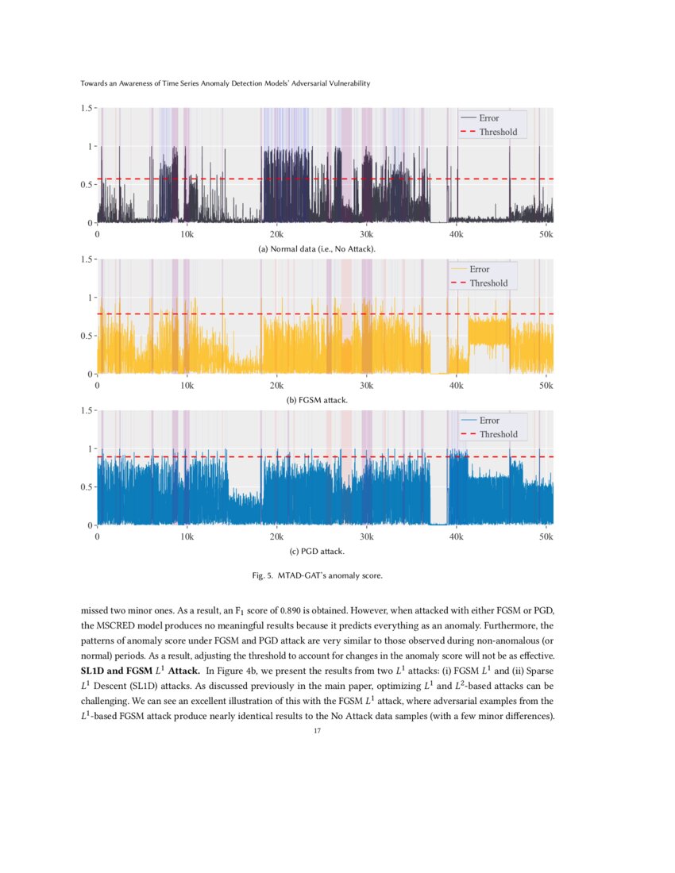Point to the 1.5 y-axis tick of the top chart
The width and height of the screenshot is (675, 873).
pyautogui.click(x=88, y=108)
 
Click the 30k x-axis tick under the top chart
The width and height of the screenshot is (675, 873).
pyautogui.click(x=366, y=235)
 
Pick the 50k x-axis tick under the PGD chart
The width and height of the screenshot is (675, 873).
pyautogui.click(x=546, y=537)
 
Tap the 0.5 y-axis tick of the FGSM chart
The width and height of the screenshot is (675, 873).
pyautogui.click(x=88, y=336)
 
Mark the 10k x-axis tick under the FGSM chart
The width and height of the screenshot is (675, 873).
pyautogui.click(x=187, y=386)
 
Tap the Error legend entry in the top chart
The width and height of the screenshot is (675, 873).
pyautogui.click(x=488, y=118)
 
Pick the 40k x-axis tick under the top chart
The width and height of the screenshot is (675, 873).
pyautogui.click(x=456, y=235)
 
